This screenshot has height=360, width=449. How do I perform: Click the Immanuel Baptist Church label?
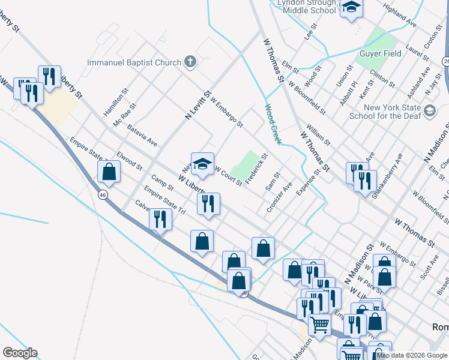134,62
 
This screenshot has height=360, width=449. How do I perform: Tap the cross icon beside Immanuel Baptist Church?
190,61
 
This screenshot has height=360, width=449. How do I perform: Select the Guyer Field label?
381,53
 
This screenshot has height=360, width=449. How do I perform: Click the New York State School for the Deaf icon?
430,110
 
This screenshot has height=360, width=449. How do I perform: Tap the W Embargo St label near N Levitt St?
226,113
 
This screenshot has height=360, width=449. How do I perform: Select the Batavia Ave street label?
142,136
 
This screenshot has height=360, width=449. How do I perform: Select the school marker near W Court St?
203,164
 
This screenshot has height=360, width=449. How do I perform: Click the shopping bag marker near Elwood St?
109,172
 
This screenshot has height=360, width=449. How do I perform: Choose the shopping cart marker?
319,325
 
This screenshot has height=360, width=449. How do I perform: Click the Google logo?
20,353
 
